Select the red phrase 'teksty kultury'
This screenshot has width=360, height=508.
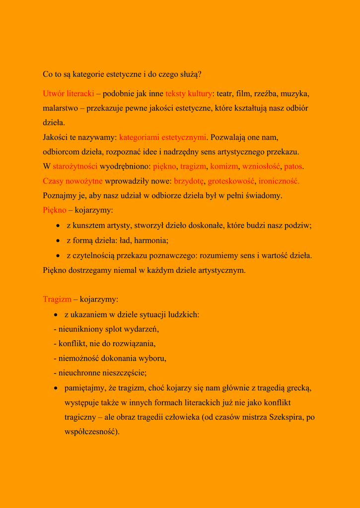189,93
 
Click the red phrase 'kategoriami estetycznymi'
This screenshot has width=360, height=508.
162,137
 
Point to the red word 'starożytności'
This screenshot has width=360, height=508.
74,166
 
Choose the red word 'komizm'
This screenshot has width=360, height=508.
224,166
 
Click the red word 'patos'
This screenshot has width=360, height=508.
293,166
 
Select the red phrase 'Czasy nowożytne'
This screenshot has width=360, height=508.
72,181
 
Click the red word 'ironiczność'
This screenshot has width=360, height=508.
279,181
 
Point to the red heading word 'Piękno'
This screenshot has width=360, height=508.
55,210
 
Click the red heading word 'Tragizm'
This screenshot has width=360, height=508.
57,299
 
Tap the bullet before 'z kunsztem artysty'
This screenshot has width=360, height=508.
58,226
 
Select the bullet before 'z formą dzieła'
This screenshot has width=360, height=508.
58,241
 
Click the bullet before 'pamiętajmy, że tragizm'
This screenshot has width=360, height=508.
57,388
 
